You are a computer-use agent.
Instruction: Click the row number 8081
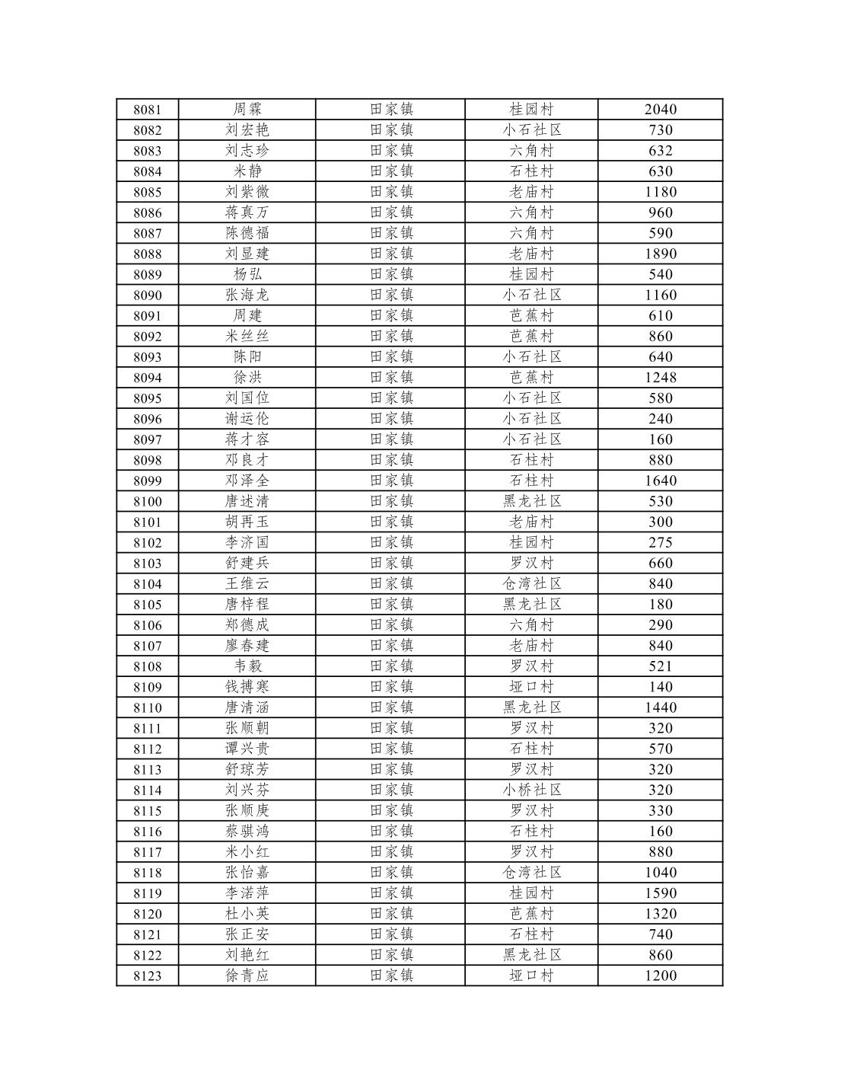[x=147, y=110]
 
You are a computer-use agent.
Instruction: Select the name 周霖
[x=247, y=110]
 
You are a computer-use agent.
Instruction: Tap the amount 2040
[x=660, y=110]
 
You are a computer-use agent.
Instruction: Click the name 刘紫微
[x=247, y=192]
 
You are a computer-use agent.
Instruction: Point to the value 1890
[x=660, y=254]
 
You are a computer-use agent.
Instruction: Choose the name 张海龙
[x=247, y=295]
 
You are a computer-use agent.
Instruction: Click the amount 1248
[x=660, y=378]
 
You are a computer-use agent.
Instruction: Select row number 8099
[x=147, y=481]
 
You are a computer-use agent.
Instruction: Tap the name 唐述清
[x=247, y=501]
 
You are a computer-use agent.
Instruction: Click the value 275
[x=660, y=542]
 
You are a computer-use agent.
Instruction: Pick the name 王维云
[x=247, y=583]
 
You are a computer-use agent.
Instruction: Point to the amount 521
[x=660, y=666]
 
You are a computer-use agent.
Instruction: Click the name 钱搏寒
[x=247, y=687]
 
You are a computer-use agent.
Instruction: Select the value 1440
[x=660, y=707]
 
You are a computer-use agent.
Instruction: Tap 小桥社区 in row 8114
[x=531, y=790]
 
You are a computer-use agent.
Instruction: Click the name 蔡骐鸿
[x=247, y=831]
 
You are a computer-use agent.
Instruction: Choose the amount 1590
[x=660, y=893]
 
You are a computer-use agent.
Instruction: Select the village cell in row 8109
[x=531, y=687]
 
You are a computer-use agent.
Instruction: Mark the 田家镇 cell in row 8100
[x=391, y=501]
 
